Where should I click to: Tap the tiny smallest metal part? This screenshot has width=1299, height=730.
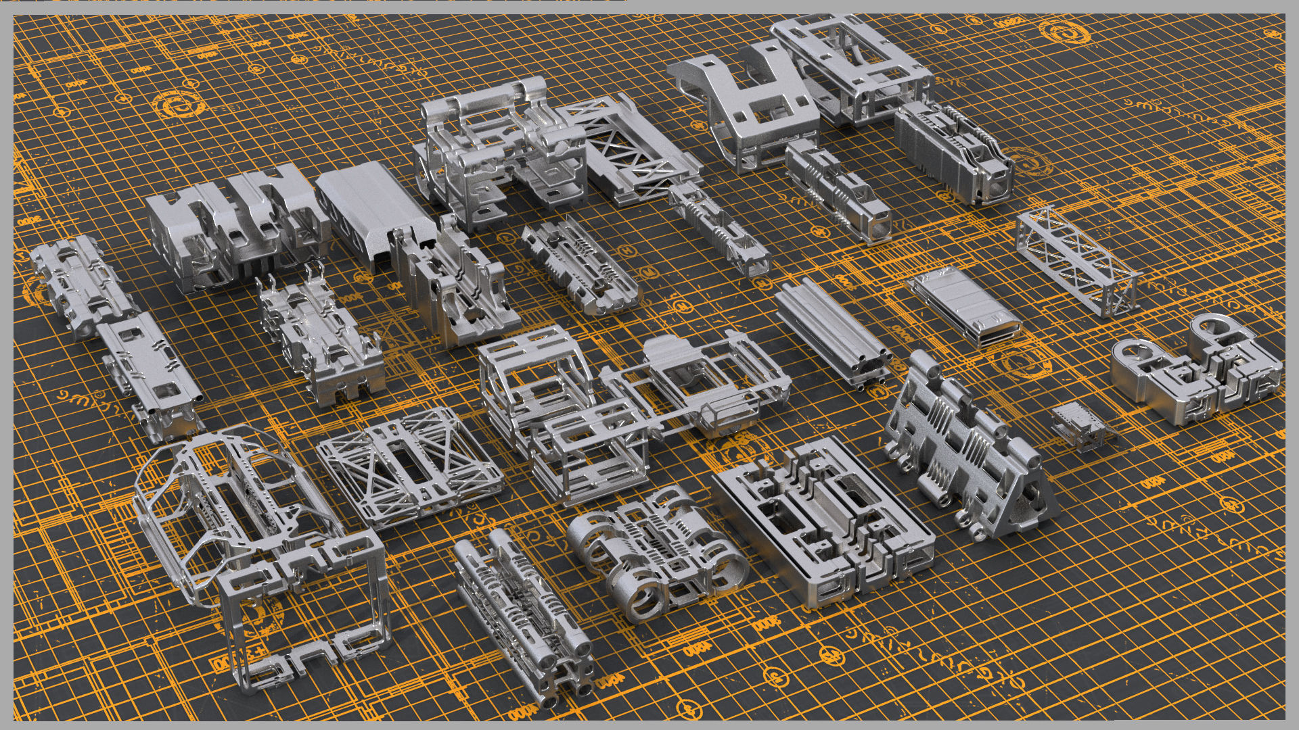(1081, 425)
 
